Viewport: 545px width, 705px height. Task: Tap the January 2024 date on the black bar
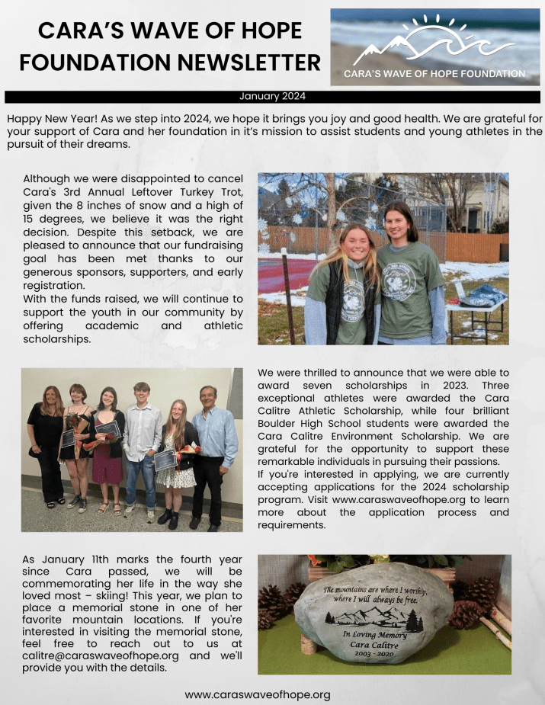272,96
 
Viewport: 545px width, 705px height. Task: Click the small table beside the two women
477,305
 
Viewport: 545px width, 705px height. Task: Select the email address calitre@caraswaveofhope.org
101,655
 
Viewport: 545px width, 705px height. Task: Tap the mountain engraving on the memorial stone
373,616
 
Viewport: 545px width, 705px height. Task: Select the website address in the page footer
258,694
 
